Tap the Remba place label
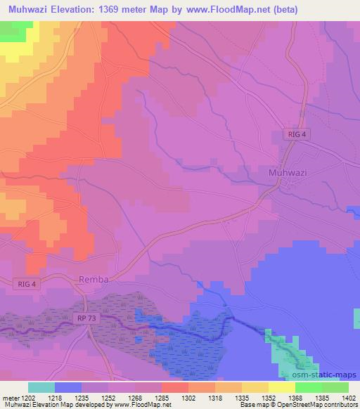point(94,279)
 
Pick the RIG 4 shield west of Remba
point(27,283)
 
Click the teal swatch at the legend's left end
point(41,387)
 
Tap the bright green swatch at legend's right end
point(335,387)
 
